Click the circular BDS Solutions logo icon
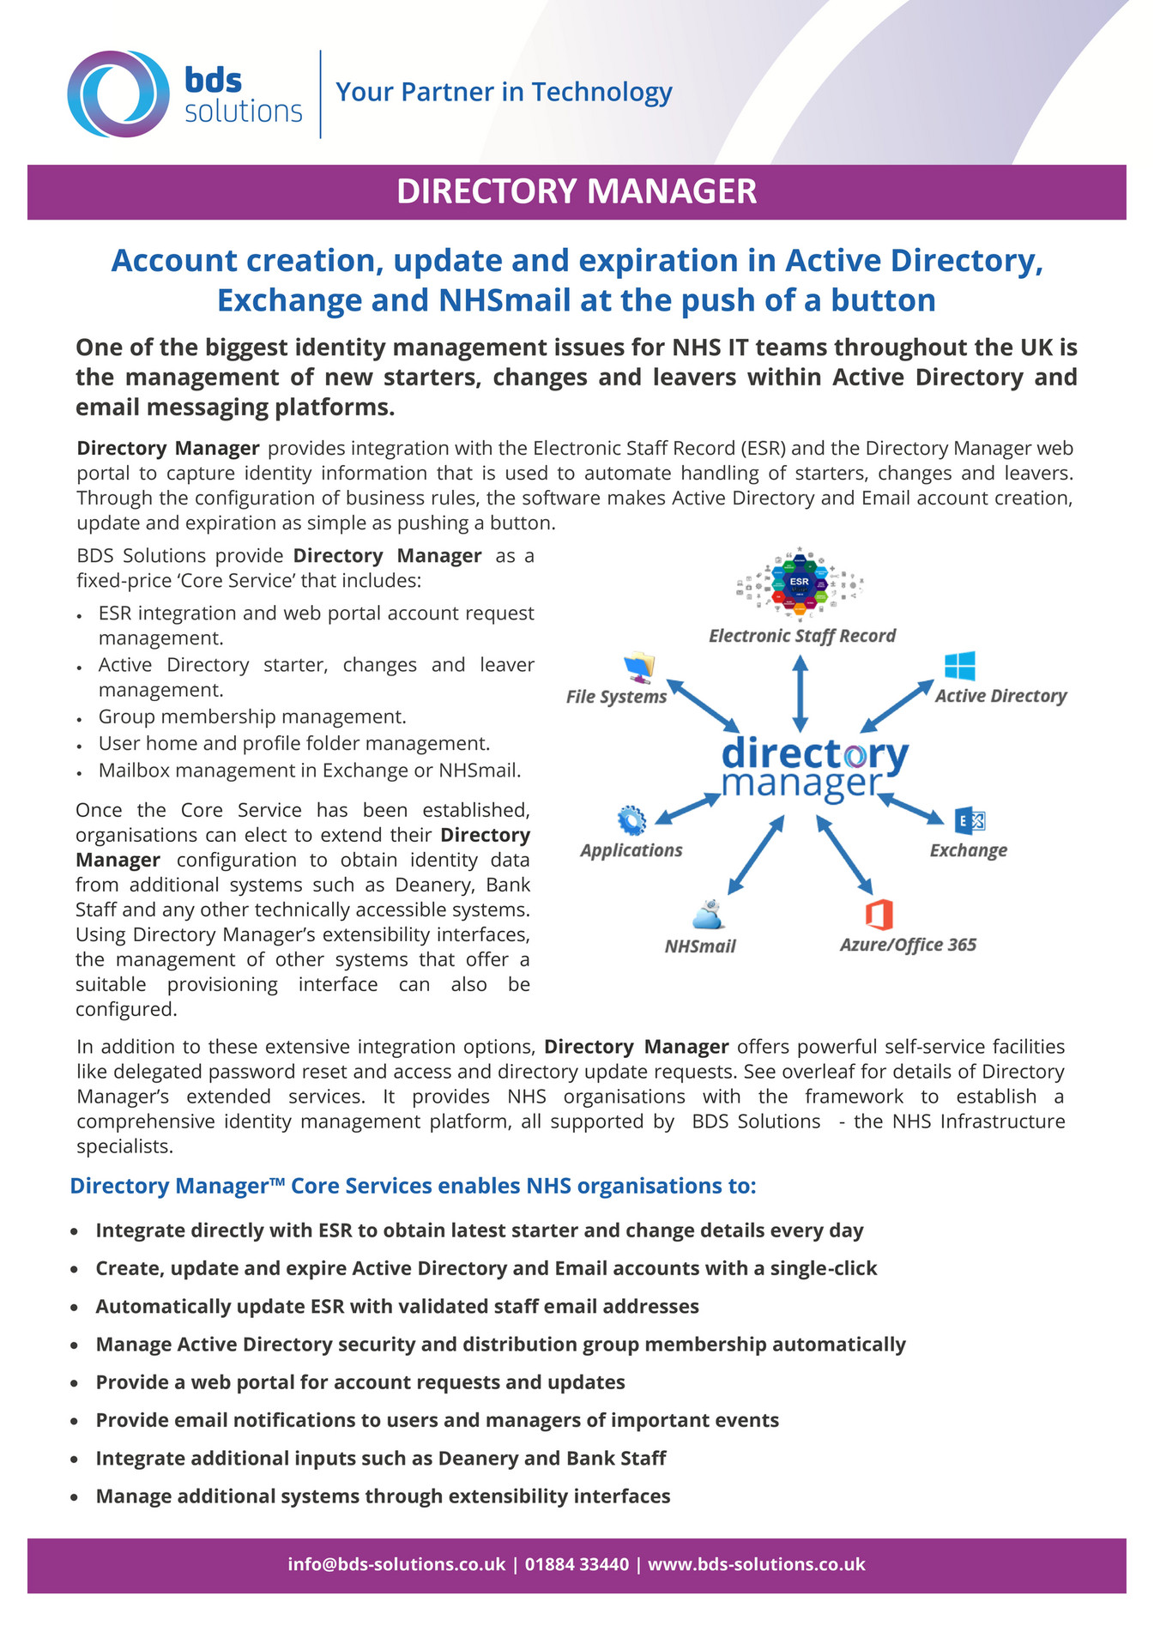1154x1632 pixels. [x=118, y=94]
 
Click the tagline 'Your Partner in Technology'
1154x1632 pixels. [x=504, y=92]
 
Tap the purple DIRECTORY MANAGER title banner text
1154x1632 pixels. [x=577, y=191]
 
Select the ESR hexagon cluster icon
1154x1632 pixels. [x=800, y=582]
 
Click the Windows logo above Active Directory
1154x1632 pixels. [x=959, y=666]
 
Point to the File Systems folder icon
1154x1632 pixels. [x=639, y=665]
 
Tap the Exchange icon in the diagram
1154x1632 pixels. [x=970, y=821]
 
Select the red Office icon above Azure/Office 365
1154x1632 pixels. [x=879, y=915]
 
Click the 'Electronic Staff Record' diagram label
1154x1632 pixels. [x=802, y=636]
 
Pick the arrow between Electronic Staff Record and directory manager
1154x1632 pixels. [x=801, y=692]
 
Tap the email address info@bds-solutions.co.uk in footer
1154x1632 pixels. [x=396, y=1564]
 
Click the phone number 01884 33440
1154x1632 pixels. [x=577, y=1564]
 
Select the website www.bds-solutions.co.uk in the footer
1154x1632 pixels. [x=756, y=1564]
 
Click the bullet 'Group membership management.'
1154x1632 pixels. [x=252, y=716]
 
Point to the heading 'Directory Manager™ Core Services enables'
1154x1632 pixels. [x=413, y=1186]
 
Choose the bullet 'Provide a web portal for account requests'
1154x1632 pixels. [x=360, y=1382]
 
